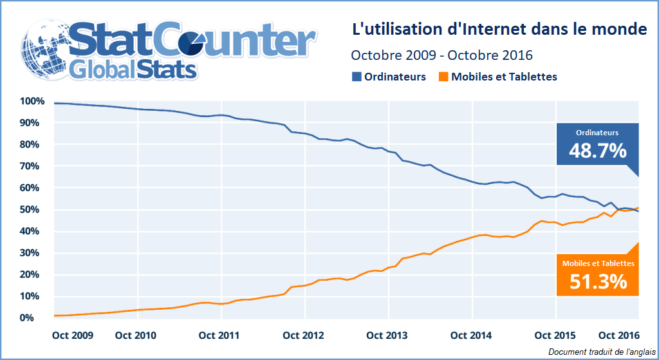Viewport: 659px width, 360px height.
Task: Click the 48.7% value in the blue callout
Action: click(x=597, y=151)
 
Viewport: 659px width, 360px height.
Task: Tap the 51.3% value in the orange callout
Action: click(x=598, y=281)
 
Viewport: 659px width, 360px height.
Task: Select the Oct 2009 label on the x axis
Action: click(x=72, y=336)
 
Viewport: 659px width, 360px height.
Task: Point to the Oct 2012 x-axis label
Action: click(x=303, y=336)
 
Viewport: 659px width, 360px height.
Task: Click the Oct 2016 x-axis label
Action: click(x=618, y=336)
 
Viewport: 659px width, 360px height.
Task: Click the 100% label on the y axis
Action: click(x=32, y=101)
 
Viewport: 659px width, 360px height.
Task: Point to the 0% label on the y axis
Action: click(x=37, y=318)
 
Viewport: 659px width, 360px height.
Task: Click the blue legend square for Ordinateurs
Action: click(x=357, y=77)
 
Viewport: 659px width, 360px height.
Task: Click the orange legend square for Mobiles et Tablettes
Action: click(x=443, y=77)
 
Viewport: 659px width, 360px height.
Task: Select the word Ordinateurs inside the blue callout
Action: click(x=597, y=133)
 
